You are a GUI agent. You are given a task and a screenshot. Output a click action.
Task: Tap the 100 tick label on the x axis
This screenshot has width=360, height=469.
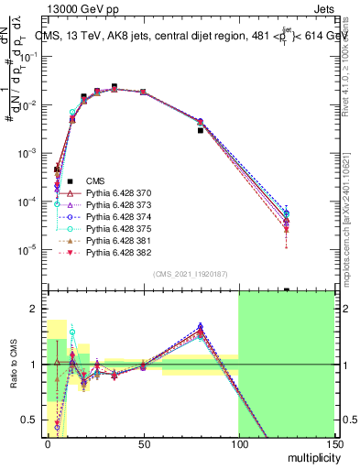click(238, 442)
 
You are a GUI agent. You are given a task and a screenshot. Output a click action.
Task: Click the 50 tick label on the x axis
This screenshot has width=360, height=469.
click(143, 442)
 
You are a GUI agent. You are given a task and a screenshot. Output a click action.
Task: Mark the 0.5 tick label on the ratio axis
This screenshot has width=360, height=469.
click(32, 420)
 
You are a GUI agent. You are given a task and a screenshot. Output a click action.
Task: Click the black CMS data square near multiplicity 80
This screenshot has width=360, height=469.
click(201, 130)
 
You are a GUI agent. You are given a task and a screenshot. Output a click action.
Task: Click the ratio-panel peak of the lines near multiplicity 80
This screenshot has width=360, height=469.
click(201, 328)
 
